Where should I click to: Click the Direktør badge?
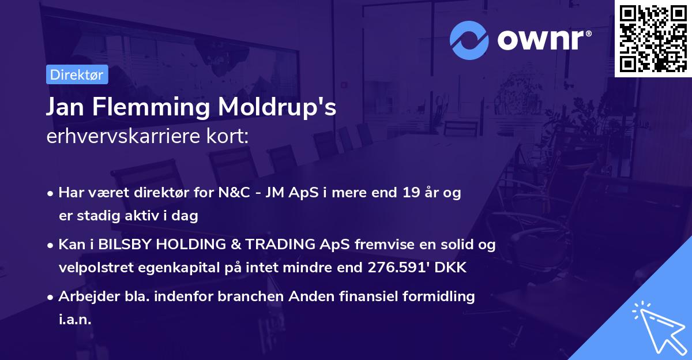coord(77,74)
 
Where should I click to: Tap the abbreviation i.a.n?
coord(75,320)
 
